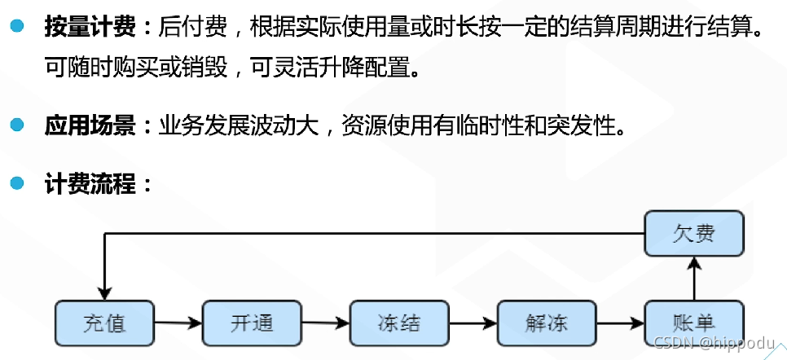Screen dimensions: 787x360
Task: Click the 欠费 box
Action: point(694,234)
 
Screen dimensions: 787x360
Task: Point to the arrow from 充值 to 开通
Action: point(178,323)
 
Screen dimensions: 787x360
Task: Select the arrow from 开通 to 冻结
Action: point(326,323)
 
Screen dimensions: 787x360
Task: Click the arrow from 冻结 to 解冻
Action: point(473,323)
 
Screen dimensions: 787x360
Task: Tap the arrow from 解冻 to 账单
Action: point(620,323)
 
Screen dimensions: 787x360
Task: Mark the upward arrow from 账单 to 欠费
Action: point(694,278)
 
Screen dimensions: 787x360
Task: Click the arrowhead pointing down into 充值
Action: point(105,292)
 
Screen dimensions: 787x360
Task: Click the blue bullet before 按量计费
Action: point(17,29)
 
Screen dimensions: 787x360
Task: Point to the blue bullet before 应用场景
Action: point(17,125)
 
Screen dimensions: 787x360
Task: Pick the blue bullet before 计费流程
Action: point(17,182)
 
